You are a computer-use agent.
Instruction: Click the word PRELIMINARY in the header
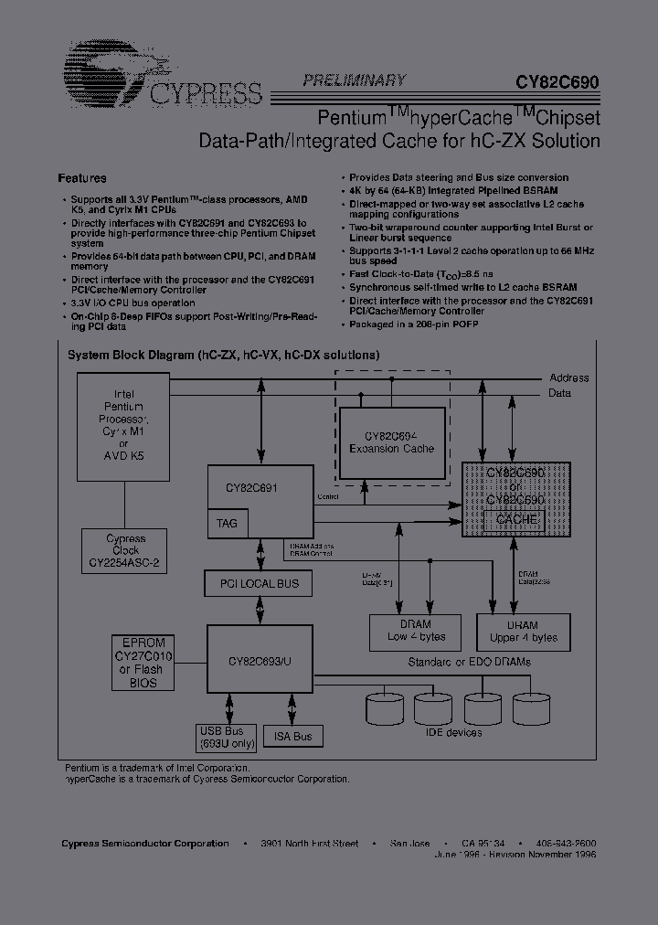point(355,80)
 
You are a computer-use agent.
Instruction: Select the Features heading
point(82,178)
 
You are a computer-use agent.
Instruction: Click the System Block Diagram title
point(224,355)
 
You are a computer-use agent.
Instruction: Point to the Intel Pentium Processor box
point(123,426)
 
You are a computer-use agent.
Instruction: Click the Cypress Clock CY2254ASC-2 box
point(124,551)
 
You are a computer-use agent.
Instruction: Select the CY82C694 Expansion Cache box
point(392,441)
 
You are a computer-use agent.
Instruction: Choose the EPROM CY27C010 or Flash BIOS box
point(143,663)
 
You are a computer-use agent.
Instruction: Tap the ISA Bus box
point(292,736)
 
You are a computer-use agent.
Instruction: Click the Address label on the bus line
point(568,377)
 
